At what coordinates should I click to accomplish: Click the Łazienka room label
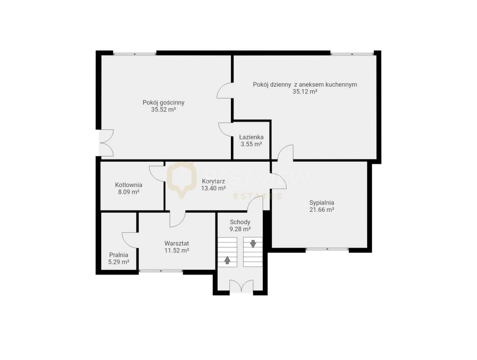(x=251, y=137)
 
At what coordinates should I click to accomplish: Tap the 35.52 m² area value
(x=163, y=110)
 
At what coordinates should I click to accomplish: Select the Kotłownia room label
(x=128, y=185)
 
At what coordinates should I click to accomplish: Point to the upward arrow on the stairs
(x=227, y=260)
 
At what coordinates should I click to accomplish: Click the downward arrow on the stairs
(x=253, y=244)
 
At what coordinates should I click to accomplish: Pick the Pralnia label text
(x=119, y=255)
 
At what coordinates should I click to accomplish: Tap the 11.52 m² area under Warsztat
(x=176, y=250)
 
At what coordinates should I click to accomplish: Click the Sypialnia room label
(x=322, y=202)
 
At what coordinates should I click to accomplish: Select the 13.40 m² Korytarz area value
(x=213, y=188)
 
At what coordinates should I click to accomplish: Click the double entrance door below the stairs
(x=242, y=286)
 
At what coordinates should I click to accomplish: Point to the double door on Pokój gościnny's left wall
(x=106, y=143)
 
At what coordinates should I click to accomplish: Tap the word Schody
(x=240, y=222)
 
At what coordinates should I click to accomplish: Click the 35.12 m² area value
(x=305, y=91)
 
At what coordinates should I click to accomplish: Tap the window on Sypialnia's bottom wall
(x=327, y=250)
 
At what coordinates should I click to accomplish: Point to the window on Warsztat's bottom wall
(x=161, y=271)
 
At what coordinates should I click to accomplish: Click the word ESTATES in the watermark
(x=257, y=196)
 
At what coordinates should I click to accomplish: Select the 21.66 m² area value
(x=322, y=210)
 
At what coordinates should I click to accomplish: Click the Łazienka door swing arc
(x=225, y=130)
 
